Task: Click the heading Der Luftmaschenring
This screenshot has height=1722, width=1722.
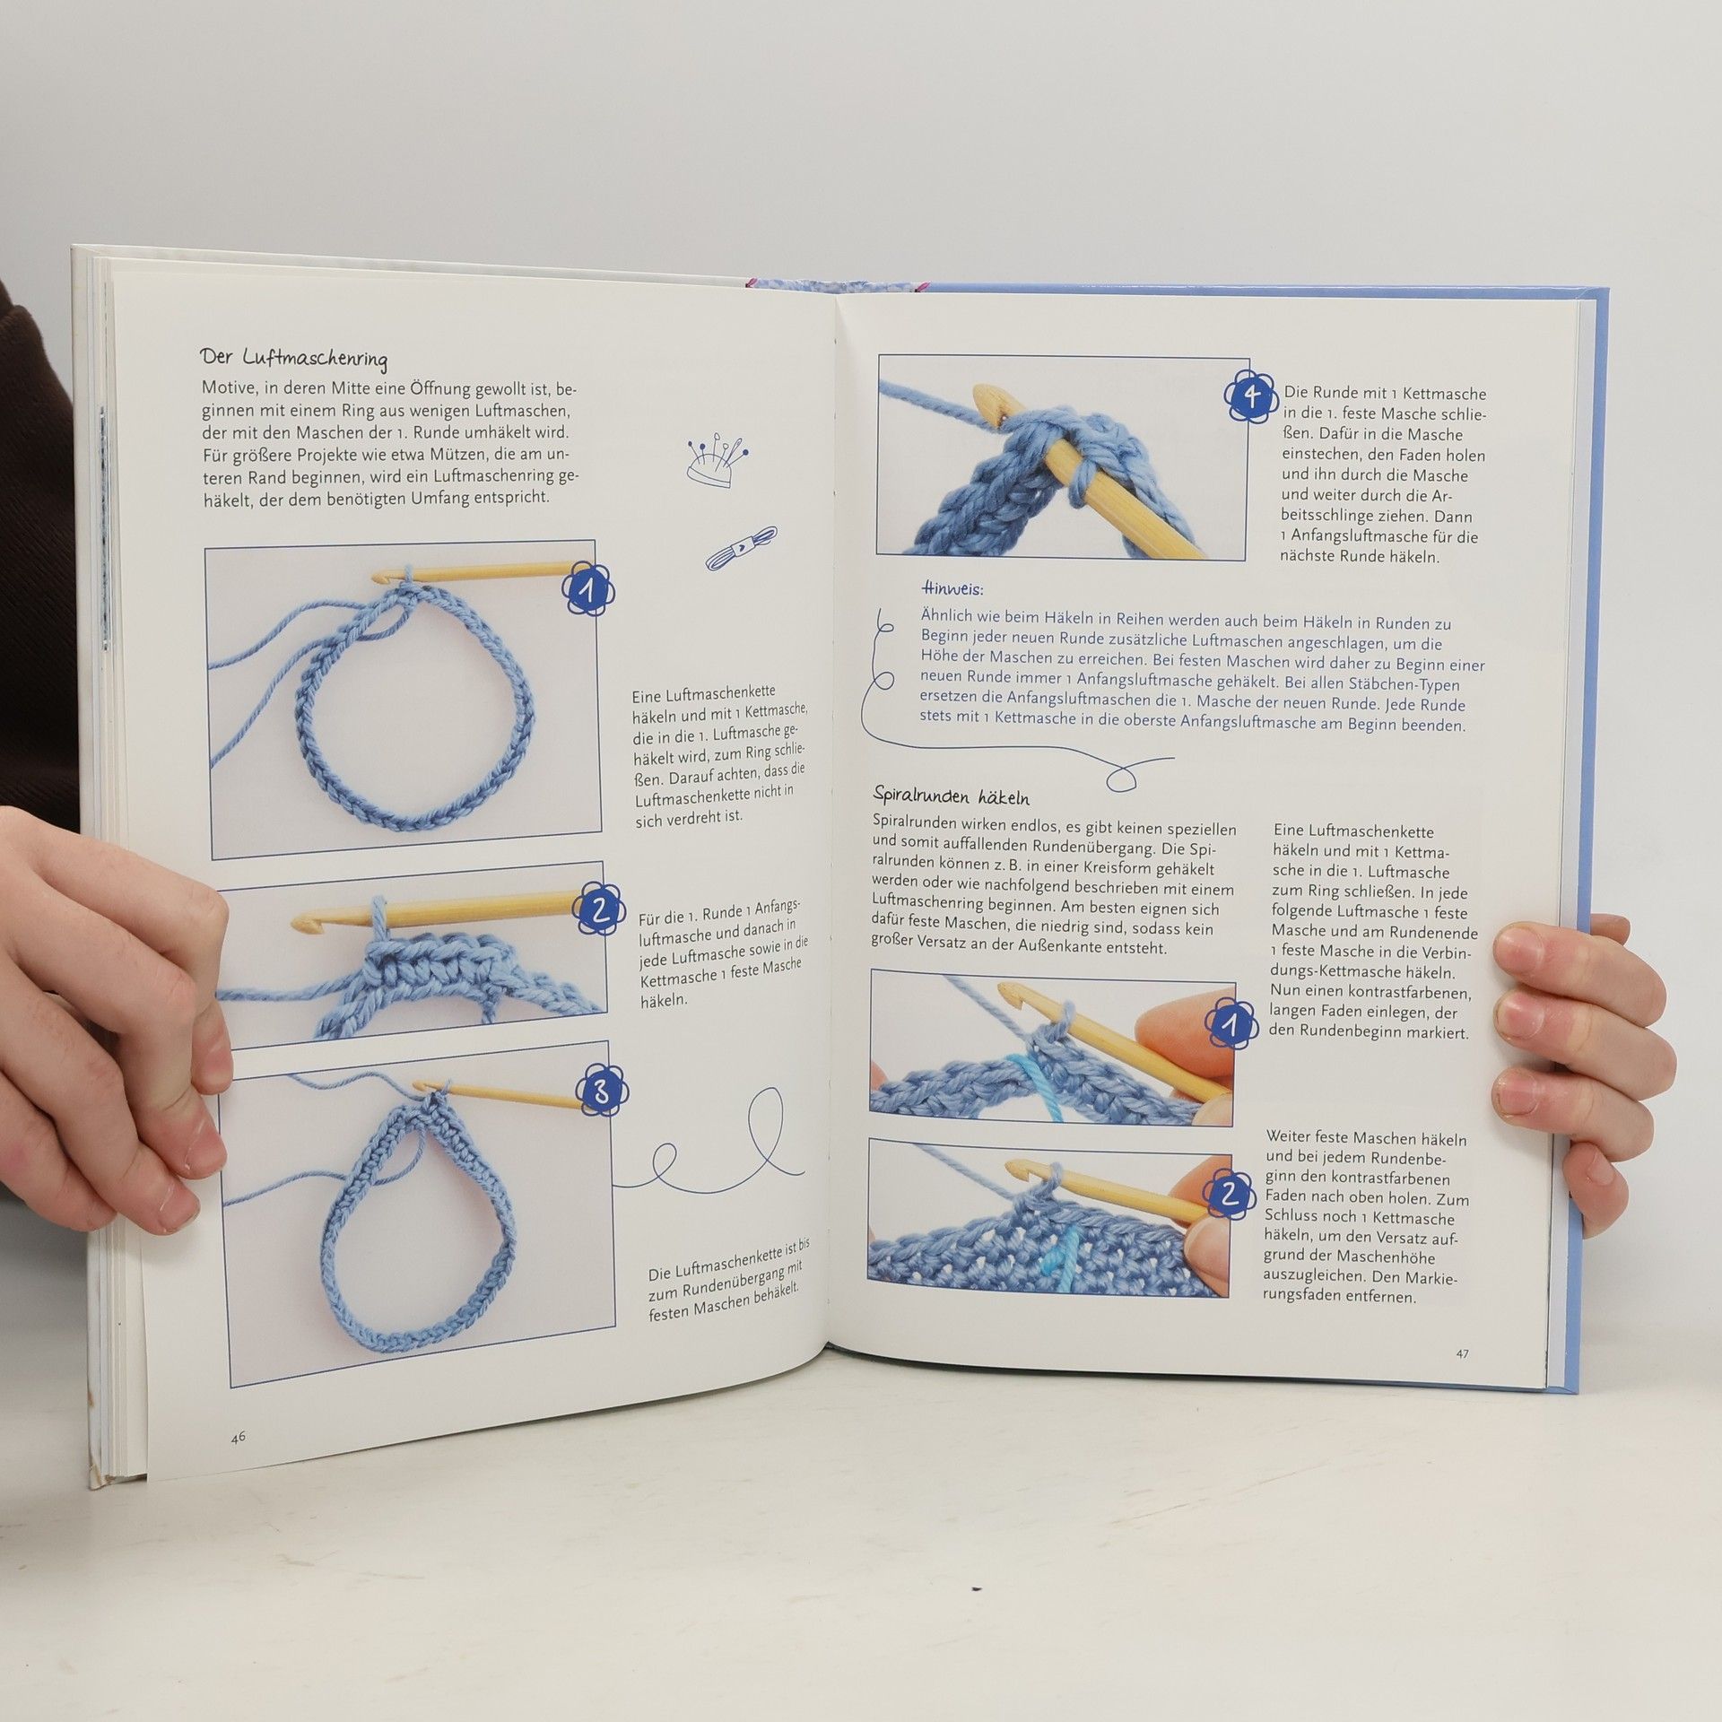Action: point(293,358)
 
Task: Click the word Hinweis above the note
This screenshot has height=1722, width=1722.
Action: point(952,589)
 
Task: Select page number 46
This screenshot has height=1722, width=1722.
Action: point(238,1436)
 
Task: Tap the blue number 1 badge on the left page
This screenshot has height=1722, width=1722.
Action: point(589,589)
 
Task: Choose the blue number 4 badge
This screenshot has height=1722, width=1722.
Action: point(1253,396)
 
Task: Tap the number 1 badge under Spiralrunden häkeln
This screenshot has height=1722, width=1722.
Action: point(1231,1025)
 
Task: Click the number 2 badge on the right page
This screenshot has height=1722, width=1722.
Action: point(1230,1192)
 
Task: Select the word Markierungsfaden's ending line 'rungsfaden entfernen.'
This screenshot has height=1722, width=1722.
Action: point(1342,1320)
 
